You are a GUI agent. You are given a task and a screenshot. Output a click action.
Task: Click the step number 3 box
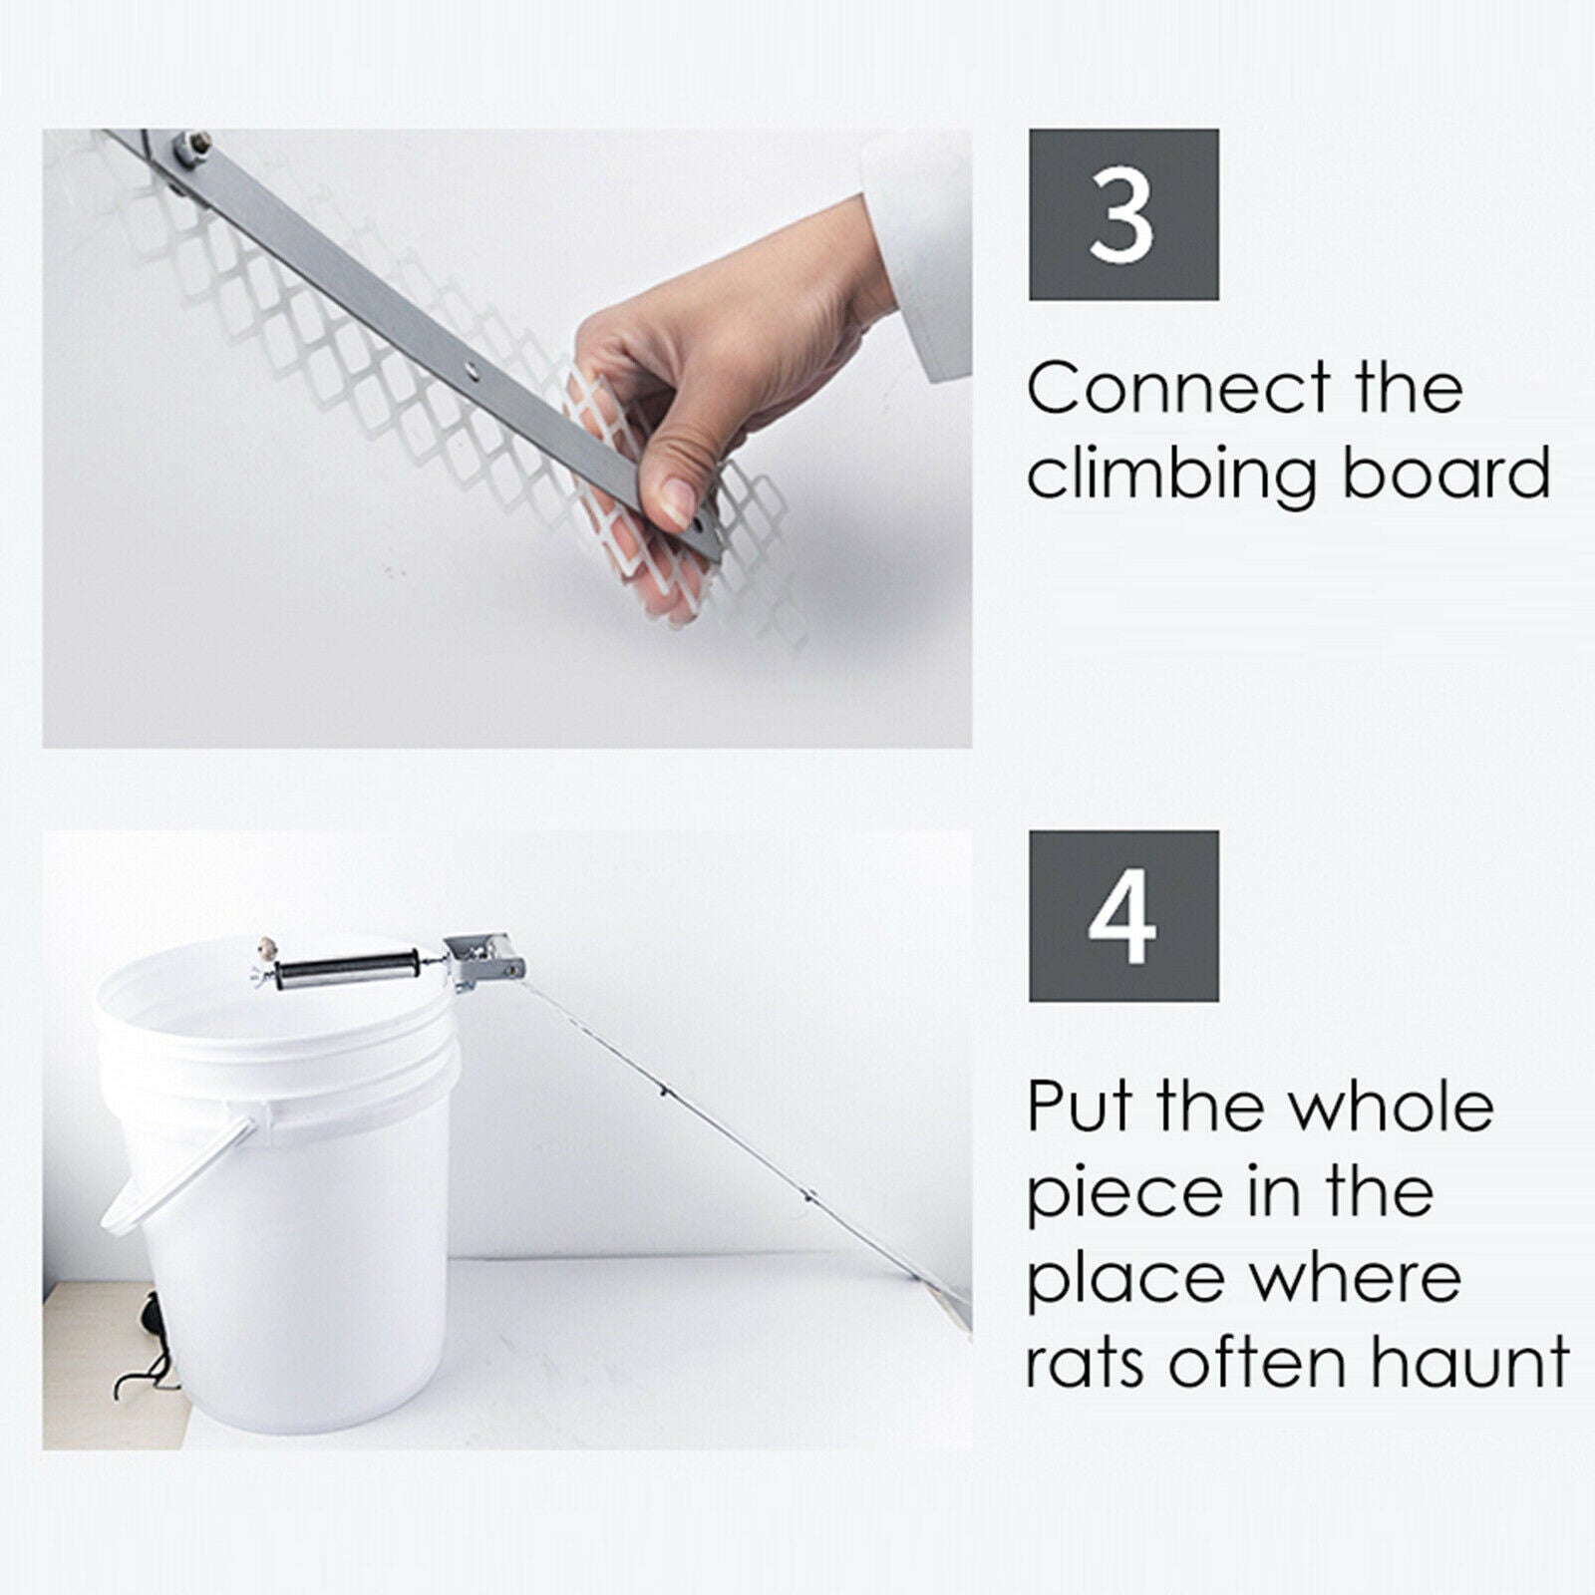(x=1123, y=214)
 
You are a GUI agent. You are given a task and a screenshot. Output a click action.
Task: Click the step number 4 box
(x=1123, y=915)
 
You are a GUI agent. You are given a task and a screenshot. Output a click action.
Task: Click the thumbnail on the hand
(x=678, y=498)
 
